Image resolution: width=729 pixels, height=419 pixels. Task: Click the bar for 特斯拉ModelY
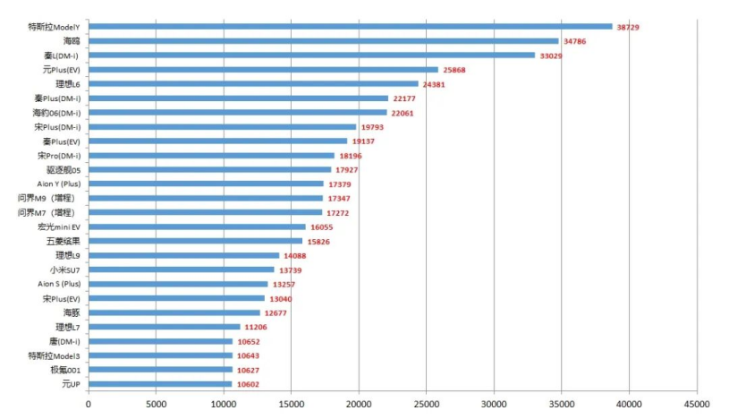tap(349, 27)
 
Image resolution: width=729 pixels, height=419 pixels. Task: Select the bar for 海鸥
tap(322, 41)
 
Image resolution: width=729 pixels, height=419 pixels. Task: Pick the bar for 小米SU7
tap(181, 269)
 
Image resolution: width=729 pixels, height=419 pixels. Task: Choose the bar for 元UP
tap(159, 384)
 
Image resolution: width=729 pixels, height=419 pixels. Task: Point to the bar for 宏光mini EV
tap(196, 227)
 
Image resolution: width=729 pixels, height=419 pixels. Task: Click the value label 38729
tap(628, 28)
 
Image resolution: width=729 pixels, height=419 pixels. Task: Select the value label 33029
tap(551, 56)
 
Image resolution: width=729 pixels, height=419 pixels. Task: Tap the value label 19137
tap(363, 141)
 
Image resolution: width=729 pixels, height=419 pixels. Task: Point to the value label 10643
tap(249, 356)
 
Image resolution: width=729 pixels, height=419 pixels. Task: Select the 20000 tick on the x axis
tap(359, 405)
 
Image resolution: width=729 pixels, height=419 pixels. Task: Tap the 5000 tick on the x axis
tap(156, 405)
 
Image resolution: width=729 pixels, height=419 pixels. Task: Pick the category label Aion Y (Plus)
tap(53, 184)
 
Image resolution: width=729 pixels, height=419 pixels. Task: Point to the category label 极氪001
tap(65, 370)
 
